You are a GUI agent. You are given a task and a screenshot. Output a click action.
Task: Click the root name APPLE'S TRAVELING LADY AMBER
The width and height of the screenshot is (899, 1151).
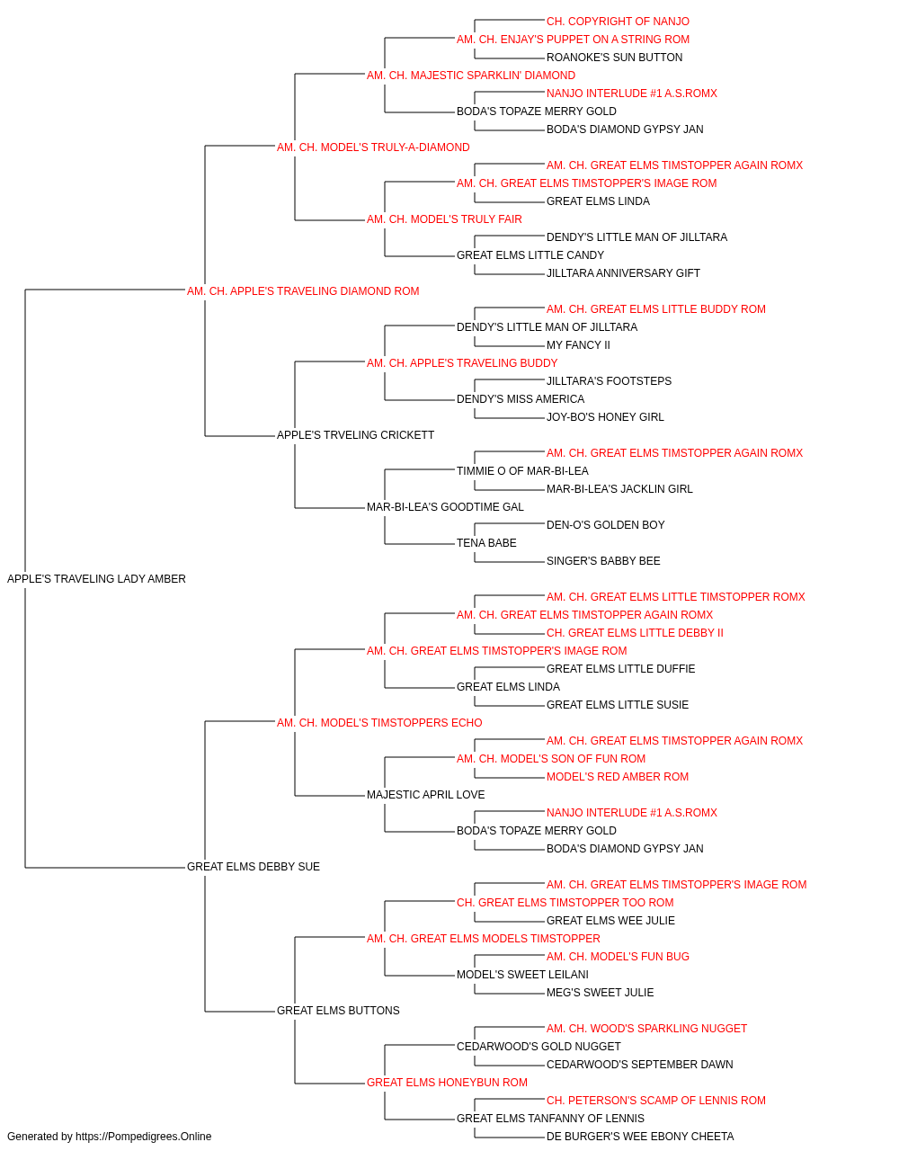click(x=96, y=579)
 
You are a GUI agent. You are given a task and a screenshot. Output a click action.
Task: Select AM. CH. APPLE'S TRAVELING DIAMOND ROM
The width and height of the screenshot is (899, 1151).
click(x=303, y=291)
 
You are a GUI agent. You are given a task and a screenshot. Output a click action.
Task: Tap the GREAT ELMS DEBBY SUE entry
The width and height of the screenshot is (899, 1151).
click(x=254, y=867)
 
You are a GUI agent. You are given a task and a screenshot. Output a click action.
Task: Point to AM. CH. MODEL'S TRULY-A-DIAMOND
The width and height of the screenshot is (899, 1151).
click(x=373, y=147)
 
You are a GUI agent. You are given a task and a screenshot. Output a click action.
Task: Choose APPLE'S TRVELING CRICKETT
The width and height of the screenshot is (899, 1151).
click(x=355, y=435)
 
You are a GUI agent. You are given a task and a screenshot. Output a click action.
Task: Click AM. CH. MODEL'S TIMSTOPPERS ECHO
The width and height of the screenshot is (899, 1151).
click(x=379, y=722)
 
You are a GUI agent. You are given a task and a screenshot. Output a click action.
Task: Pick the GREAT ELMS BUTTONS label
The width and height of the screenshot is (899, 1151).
click(x=338, y=1010)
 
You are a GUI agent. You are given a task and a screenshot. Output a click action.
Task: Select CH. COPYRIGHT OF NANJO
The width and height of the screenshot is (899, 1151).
click(x=618, y=22)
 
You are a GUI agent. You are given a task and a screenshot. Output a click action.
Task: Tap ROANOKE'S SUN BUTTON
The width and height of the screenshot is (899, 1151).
click(x=614, y=58)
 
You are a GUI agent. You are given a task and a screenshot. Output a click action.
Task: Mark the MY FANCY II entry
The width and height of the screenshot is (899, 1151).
click(x=578, y=344)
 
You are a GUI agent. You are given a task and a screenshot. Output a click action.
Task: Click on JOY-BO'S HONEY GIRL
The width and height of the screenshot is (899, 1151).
click(x=605, y=417)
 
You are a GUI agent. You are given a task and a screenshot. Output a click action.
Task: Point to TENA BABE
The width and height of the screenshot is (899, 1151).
click(x=486, y=543)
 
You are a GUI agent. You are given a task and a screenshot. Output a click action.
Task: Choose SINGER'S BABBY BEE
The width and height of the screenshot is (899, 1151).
click(x=603, y=561)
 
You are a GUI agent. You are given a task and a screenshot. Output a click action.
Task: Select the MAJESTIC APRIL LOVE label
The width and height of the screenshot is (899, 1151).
click(x=425, y=795)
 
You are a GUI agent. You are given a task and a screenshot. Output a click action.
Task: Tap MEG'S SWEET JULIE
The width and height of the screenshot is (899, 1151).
click(x=600, y=992)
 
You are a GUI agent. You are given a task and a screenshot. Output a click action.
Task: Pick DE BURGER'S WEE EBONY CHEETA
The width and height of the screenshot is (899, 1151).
click(x=640, y=1137)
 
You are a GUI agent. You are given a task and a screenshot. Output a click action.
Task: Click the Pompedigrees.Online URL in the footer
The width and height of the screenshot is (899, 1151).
click(x=144, y=1137)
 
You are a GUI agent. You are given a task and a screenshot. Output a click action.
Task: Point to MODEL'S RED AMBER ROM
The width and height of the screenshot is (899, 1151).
click(x=618, y=777)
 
